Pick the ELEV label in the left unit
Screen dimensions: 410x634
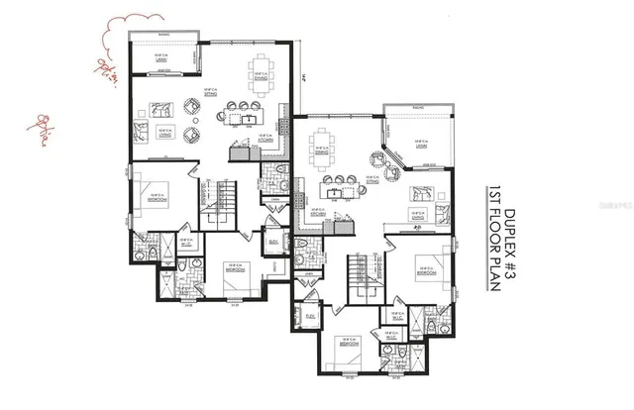click(x=272, y=240)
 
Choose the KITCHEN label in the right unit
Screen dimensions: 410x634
click(x=320, y=212)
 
